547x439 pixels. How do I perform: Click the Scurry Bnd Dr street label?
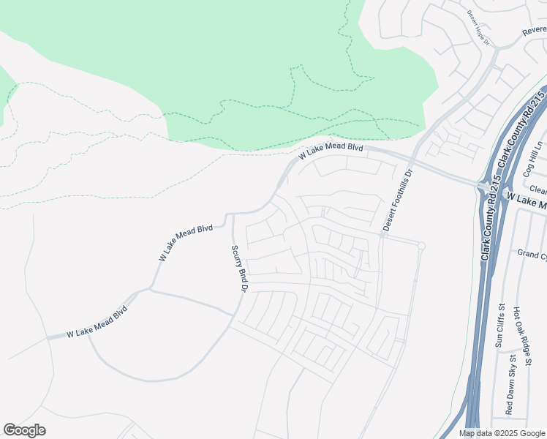click(238, 269)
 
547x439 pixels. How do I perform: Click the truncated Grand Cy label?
click(532, 254)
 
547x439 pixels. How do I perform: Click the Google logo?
click(24, 430)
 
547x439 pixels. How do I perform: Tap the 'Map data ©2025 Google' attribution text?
click(501, 433)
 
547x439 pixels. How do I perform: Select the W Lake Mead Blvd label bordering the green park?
click(331, 151)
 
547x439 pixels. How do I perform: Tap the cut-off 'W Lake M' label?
click(526, 203)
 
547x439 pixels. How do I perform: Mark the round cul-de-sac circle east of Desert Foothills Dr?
click(420, 246)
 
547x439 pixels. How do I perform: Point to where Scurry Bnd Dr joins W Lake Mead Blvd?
click(233, 214)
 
